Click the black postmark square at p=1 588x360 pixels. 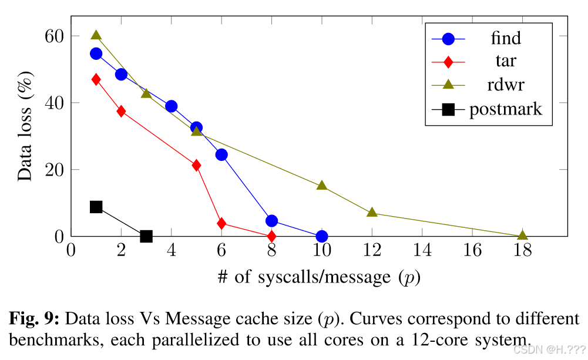(96, 207)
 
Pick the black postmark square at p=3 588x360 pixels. (146, 236)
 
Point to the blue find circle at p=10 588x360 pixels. (322, 236)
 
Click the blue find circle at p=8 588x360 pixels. (271, 221)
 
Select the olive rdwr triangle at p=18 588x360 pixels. (522, 235)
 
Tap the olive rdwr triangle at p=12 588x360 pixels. (372, 212)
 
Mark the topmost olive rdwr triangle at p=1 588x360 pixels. (96, 35)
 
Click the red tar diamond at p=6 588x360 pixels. (221, 224)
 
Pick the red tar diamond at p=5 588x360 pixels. (197, 166)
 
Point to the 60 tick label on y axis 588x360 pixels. (55, 36)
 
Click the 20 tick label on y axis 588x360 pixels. (55, 170)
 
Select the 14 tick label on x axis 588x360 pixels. (422, 250)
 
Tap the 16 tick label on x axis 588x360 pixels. (472, 250)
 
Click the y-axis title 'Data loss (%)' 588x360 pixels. (25, 126)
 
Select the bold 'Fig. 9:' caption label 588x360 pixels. (34, 319)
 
